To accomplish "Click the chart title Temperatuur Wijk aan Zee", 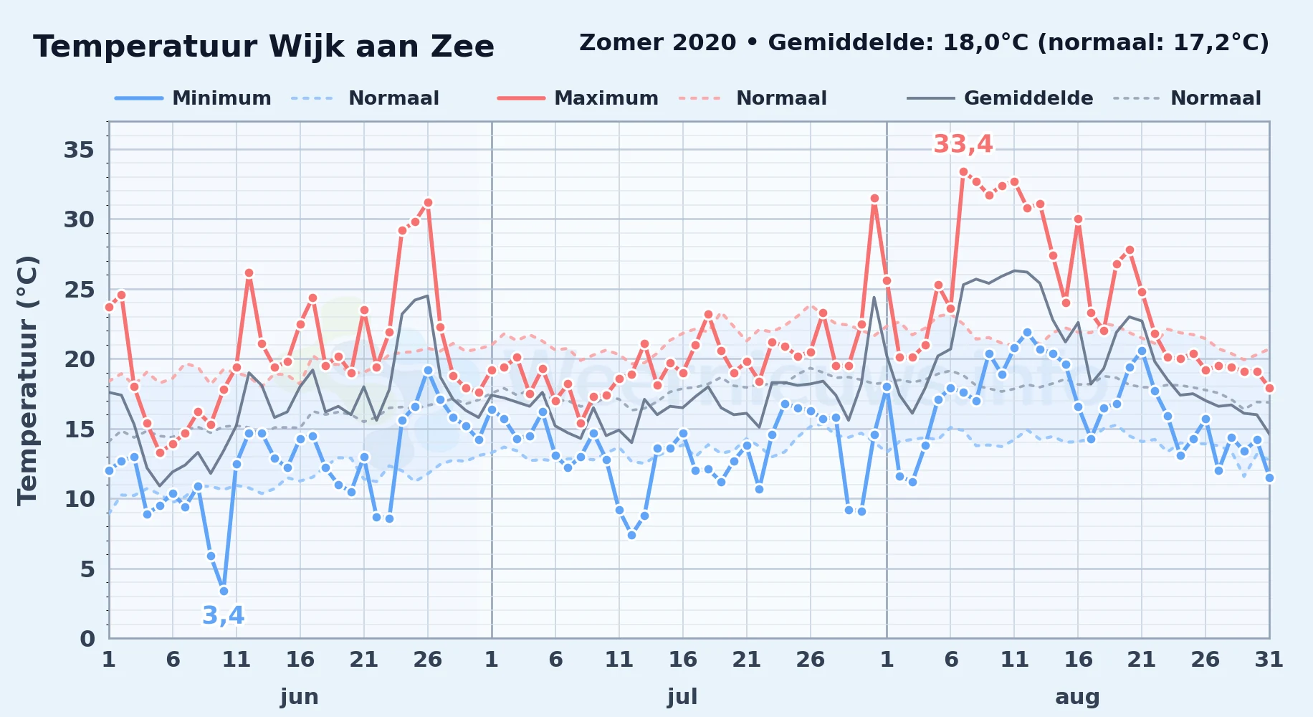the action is (x=264, y=47).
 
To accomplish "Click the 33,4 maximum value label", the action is (x=963, y=144).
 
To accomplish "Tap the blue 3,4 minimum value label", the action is (x=224, y=615).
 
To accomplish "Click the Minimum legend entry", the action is (x=193, y=98).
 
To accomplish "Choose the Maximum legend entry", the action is (x=578, y=98).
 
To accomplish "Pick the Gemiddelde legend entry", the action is (x=1000, y=98).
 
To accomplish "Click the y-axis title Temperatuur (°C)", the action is (x=27, y=380).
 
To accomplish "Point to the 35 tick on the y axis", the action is (x=79, y=150).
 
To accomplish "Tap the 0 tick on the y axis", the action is (x=87, y=638).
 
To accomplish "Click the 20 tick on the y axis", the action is (x=79, y=359).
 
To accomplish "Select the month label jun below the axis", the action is (x=300, y=697).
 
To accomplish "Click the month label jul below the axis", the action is (x=682, y=697).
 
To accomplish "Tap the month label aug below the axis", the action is (x=1077, y=697).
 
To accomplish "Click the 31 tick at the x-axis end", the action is (x=1269, y=660).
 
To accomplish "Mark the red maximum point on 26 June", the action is (x=428, y=202).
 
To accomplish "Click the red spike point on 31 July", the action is (x=874, y=198).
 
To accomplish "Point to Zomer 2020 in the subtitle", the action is (x=657, y=43).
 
